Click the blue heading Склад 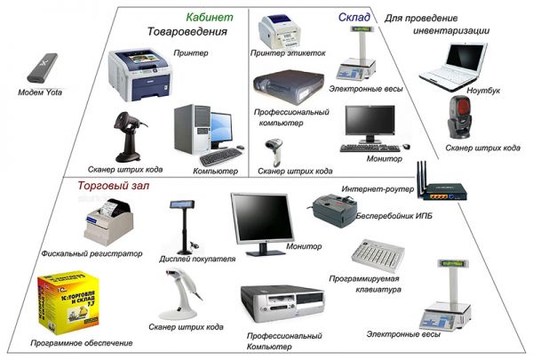click(x=354, y=16)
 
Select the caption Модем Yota click(x=44, y=92)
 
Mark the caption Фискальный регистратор click(x=91, y=252)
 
